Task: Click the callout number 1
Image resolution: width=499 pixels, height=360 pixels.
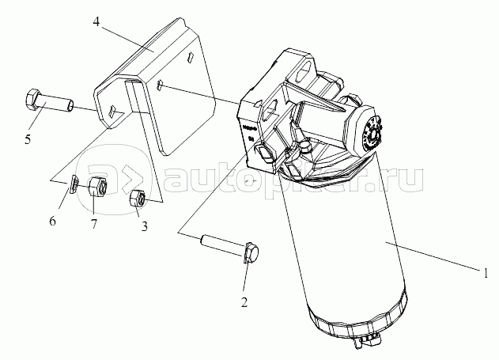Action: (x=486, y=273)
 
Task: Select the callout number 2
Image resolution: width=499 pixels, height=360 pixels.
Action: (x=244, y=302)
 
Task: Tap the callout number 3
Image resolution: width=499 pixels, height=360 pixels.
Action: (x=145, y=226)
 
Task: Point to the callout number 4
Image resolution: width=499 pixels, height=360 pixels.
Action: (x=96, y=22)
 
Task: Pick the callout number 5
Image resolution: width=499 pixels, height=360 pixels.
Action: (x=28, y=139)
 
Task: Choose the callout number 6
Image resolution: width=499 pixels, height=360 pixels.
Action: (x=53, y=221)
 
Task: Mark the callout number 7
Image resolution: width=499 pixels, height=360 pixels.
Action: (x=93, y=225)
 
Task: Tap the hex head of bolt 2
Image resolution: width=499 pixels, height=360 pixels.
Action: (x=251, y=253)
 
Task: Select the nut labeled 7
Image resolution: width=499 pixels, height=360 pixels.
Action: (x=96, y=188)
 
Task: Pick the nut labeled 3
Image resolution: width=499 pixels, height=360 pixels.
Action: (x=138, y=198)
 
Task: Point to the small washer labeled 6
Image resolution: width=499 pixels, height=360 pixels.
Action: (x=74, y=184)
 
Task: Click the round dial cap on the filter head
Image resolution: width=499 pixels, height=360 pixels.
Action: (x=373, y=134)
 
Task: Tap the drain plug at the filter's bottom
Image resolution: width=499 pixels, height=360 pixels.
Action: (x=366, y=343)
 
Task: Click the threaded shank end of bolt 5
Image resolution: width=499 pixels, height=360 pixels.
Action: (x=72, y=106)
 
